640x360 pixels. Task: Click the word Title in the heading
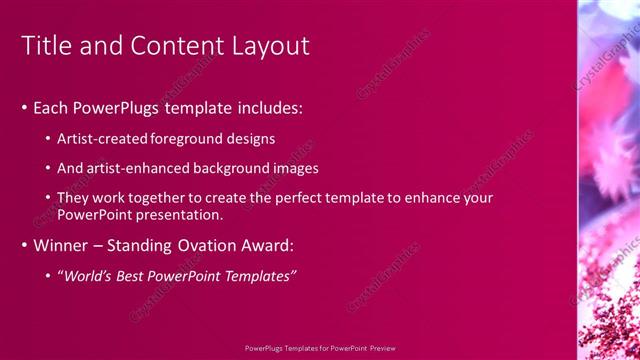pyautogui.click(x=47, y=45)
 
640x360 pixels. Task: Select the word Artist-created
pyautogui.click(x=102, y=139)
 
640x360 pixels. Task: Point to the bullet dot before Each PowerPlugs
pyautogui.click(x=25, y=107)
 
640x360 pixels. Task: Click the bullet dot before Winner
pyautogui.click(x=25, y=245)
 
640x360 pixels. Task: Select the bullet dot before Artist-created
pyautogui.click(x=49, y=139)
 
